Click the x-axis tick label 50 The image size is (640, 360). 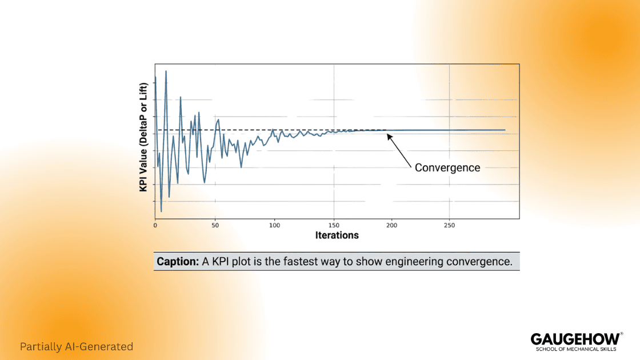pos(215,225)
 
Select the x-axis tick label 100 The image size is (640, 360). pos(275,225)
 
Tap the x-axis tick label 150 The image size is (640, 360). pos(334,225)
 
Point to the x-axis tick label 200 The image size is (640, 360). pos(391,225)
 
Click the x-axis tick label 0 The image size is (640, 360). pos(155,225)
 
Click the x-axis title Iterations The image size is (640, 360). pos(337,235)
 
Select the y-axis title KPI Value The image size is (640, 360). pos(144,136)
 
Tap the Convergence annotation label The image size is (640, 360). pos(447,167)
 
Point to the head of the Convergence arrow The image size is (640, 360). pos(388,135)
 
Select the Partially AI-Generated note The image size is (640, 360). pos(77,346)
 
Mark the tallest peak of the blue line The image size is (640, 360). pos(166,71)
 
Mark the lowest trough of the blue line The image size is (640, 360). pos(161,211)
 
